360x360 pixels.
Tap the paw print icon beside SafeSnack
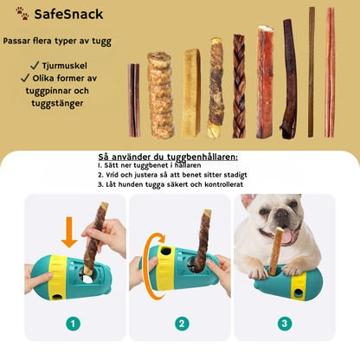click(22, 14)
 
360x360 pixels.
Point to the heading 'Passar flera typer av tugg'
click(57, 41)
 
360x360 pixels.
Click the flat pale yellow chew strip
click(190, 93)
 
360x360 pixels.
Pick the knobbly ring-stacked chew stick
click(159, 94)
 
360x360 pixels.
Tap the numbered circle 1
click(73, 324)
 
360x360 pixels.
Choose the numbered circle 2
click(181, 324)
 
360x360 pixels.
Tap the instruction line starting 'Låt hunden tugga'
click(173, 184)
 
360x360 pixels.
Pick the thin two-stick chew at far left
click(134, 100)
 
